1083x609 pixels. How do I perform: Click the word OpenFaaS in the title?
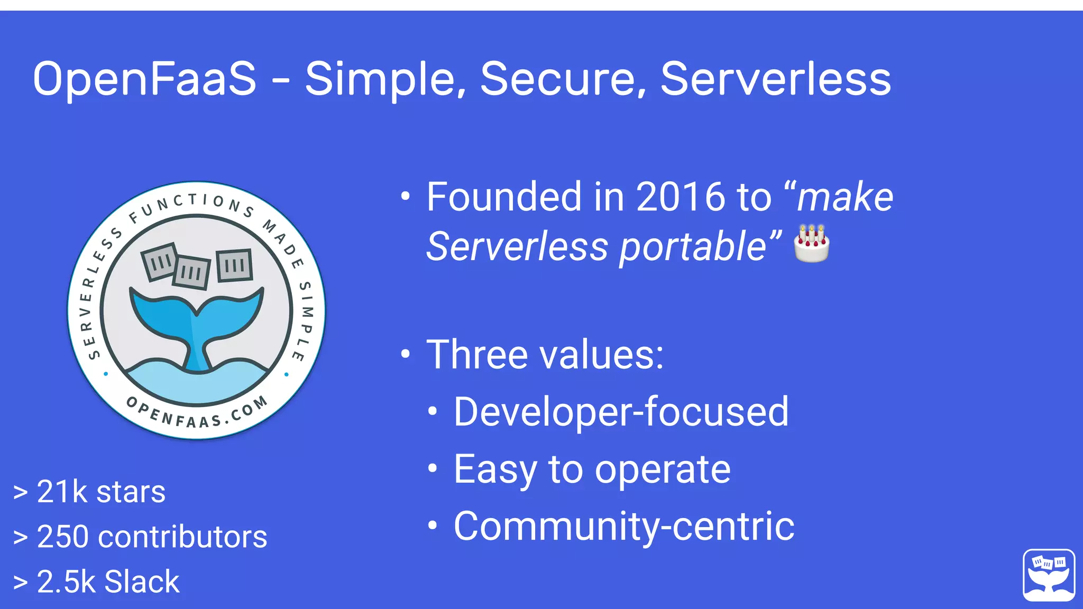(x=144, y=79)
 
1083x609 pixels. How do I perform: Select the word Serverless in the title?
(x=776, y=79)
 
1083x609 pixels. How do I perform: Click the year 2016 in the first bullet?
(x=681, y=197)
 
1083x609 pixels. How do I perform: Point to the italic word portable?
(x=693, y=247)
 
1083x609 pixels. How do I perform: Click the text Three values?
(x=545, y=355)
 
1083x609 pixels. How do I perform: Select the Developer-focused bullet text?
(x=621, y=412)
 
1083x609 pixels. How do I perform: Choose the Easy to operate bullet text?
(x=592, y=469)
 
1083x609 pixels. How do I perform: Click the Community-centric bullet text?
(x=624, y=527)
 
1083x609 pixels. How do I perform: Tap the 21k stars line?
(x=100, y=492)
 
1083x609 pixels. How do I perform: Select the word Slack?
(x=142, y=582)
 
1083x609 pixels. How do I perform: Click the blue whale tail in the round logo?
(x=197, y=322)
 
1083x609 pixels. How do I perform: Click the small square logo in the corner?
(x=1049, y=575)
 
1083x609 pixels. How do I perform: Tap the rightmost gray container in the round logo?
(x=234, y=265)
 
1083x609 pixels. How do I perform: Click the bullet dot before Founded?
(x=405, y=196)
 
